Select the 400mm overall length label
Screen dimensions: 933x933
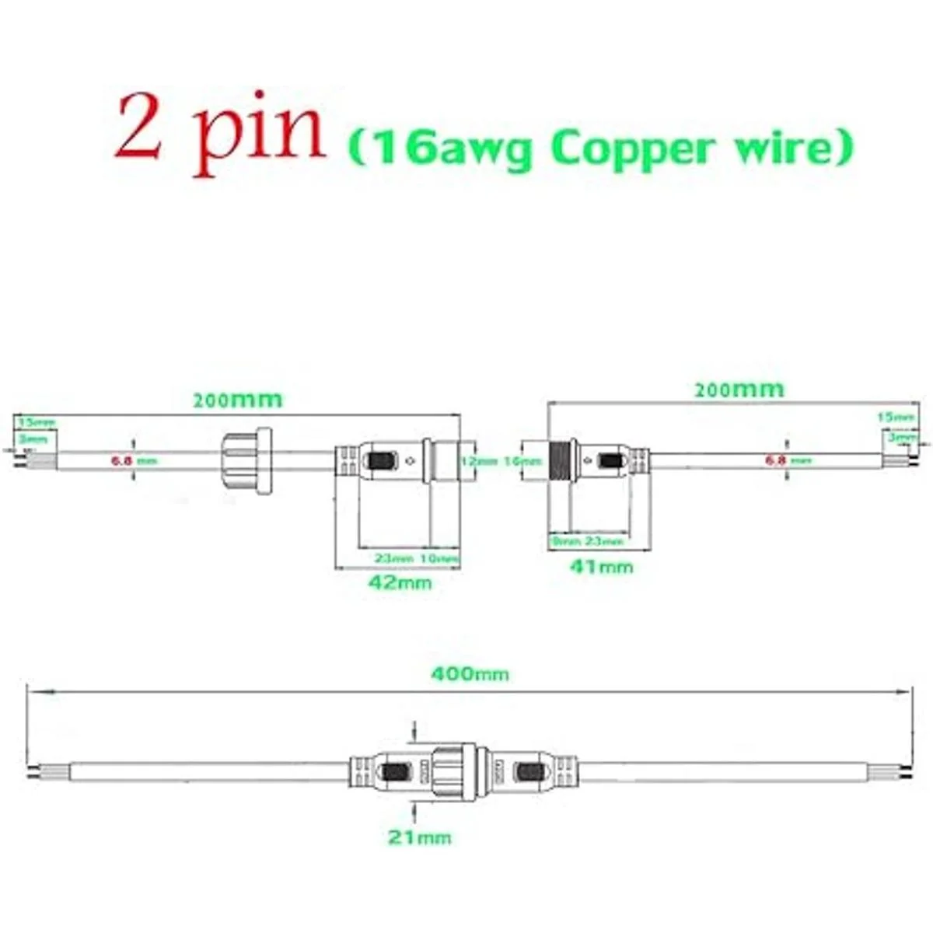[470, 673]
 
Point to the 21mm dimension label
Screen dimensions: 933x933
[419, 837]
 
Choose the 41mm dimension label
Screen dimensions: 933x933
[601, 567]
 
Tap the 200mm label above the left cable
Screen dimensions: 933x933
[237, 400]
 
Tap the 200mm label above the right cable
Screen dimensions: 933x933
[739, 389]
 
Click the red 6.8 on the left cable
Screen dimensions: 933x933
[122, 460]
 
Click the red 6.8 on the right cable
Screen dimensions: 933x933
[777, 460]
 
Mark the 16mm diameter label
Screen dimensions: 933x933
[522, 461]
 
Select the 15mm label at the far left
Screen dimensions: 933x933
[37, 422]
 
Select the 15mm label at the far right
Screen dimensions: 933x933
[896, 417]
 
